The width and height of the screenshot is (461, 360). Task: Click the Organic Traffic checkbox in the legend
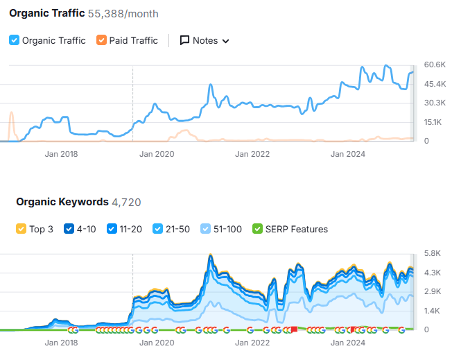[15, 40]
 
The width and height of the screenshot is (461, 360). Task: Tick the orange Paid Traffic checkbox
[102, 40]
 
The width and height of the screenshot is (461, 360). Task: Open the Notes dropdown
[205, 40]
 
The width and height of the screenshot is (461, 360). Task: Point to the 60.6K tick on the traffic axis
[435, 65]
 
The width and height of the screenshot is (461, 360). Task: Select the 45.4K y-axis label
[435, 84]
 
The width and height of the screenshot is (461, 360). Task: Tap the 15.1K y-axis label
[434, 122]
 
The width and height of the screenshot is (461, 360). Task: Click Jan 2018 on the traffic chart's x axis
[61, 154]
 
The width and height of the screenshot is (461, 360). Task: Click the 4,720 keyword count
[126, 202]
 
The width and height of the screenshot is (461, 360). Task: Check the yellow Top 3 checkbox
[21, 229]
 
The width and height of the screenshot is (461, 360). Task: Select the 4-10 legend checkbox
[69, 229]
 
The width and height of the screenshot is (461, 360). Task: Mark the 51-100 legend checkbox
[206, 229]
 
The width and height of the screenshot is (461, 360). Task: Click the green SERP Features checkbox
[258, 229]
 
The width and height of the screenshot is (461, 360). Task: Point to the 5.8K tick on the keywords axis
[433, 253]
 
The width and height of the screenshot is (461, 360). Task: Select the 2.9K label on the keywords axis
[433, 291]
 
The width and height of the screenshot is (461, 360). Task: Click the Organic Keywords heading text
[62, 202]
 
